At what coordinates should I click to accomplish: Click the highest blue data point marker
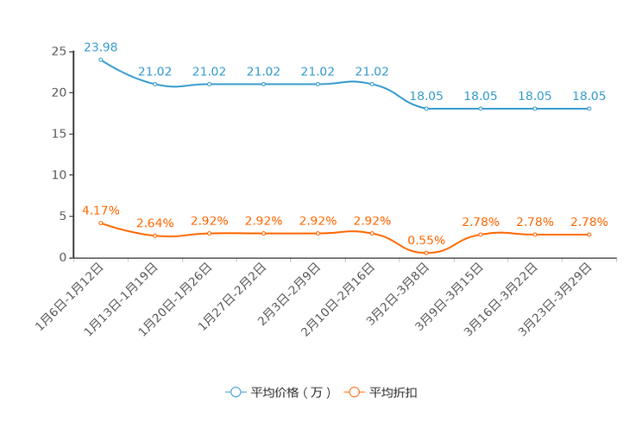coord(101,60)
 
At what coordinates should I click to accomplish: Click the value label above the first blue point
coord(100,46)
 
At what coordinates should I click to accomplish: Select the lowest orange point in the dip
coord(426,252)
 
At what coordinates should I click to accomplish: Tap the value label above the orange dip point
coord(425,239)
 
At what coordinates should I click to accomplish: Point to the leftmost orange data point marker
coord(101,223)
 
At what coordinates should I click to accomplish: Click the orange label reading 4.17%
coord(100,209)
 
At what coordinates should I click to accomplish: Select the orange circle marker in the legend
coord(354,393)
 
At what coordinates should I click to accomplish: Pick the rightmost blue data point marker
coord(589,109)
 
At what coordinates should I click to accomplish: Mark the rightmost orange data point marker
coord(589,235)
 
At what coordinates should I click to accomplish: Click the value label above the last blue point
coord(588,95)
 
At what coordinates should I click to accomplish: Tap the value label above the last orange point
coord(588,222)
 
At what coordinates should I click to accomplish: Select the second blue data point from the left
coord(155,84)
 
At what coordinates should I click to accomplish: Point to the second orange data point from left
coord(155,236)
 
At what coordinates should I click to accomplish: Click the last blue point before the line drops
coord(372,84)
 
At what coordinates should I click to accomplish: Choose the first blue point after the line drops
coord(426,109)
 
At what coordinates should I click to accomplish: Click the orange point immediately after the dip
coord(481,234)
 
